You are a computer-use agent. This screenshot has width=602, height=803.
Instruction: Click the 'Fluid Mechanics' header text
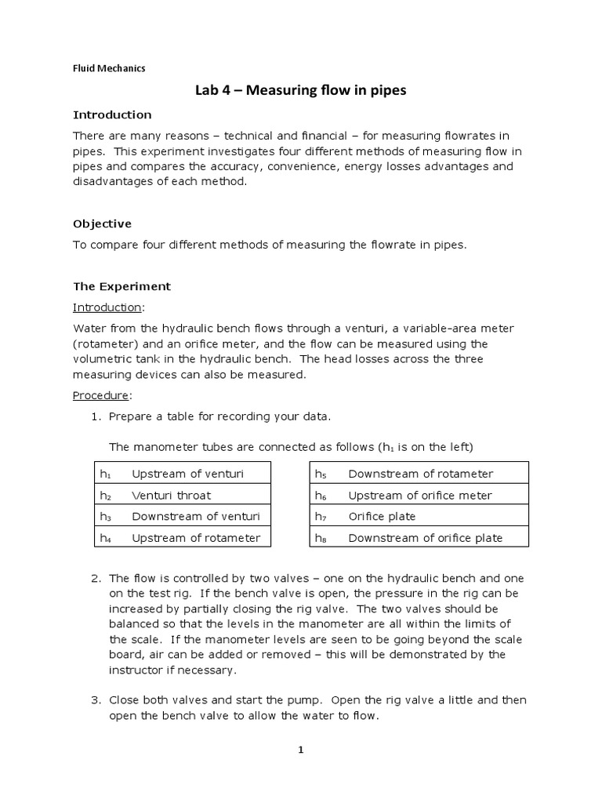point(109,68)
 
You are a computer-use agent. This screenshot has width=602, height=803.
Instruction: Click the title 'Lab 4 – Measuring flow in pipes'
point(300,91)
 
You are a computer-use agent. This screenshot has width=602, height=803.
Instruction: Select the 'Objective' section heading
point(102,223)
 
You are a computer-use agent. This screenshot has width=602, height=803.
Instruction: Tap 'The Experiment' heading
point(121,286)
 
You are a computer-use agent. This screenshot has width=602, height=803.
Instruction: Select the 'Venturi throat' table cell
point(171,495)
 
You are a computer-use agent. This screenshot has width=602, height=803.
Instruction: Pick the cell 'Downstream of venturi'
point(195,516)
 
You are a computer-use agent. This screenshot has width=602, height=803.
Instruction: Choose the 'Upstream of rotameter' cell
point(196,537)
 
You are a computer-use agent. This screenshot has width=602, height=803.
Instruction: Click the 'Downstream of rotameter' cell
point(420,474)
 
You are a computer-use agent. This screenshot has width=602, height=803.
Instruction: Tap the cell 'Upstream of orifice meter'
point(419,495)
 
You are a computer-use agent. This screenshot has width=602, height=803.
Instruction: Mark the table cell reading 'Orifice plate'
point(382,516)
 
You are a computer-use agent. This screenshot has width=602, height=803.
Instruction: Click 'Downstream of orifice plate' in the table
point(425,537)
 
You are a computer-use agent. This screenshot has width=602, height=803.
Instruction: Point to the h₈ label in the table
point(320,538)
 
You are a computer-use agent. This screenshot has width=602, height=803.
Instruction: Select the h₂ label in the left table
point(105,496)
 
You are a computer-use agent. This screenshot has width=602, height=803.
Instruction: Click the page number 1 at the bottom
point(300,750)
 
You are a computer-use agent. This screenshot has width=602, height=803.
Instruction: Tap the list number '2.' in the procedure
point(96,579)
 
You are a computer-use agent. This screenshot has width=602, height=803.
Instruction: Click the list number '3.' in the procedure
point(96,699)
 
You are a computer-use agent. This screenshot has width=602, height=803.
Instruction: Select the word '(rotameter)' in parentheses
point(104,343)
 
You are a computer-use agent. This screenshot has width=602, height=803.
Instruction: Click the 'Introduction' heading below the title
point(112,114)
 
